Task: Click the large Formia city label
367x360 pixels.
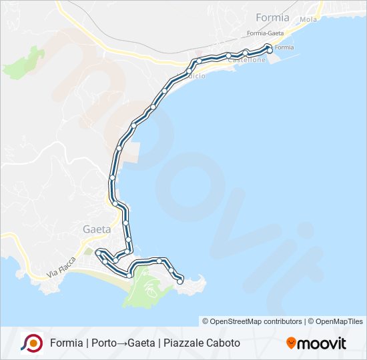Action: click(x=272, y=17)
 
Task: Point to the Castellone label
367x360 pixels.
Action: click(x=246, y=60)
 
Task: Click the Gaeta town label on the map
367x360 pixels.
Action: click(x=96, y=229)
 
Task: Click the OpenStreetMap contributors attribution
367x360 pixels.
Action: click(x=252, y=321)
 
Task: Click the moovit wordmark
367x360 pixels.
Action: click(x=322, y=343)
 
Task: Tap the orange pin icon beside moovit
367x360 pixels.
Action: click(x=291, y=343)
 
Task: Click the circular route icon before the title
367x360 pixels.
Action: click(x=31, y=343)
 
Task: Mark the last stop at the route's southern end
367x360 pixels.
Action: click(x=179, y=282)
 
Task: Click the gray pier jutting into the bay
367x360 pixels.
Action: click(x=132, y=153)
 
